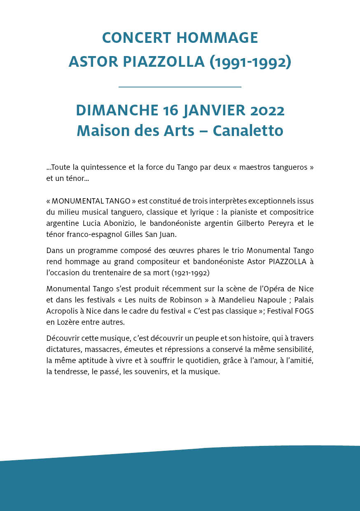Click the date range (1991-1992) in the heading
[x=250, y=62]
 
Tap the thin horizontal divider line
[x=180, y=87]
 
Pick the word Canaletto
[x=248, y=131]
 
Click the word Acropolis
[x=62, y=311]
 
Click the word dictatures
[x=63, y=349]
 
